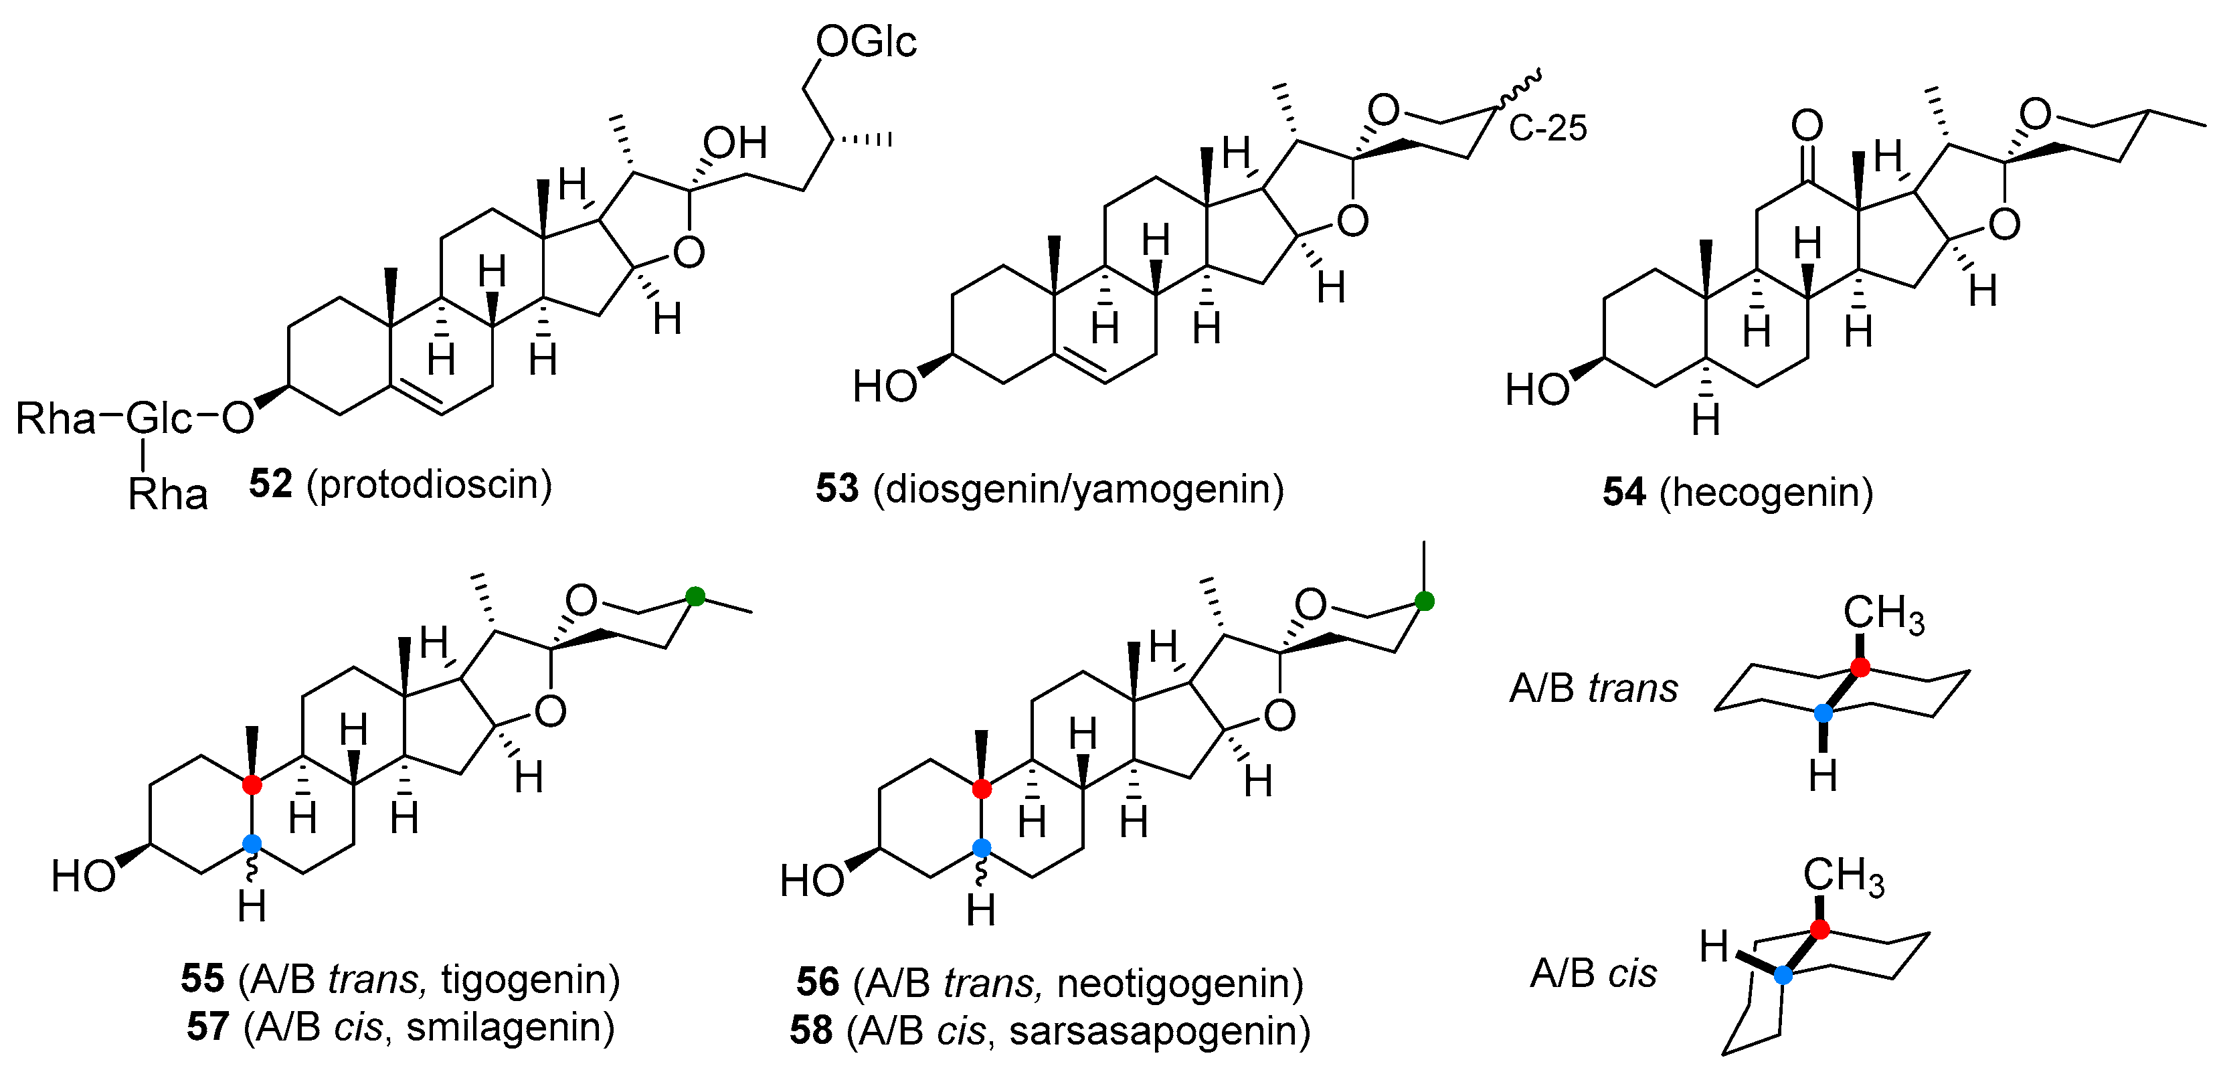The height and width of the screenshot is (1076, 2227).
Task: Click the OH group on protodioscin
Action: pos(735,143)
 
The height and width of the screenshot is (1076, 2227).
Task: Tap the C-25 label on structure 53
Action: pos(1548,128)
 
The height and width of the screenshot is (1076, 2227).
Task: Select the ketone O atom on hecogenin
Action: pos(1807,125)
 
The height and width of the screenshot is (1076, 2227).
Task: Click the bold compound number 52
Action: pos(270,484)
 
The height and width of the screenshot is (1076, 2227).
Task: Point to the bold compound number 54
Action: pos(1623,492)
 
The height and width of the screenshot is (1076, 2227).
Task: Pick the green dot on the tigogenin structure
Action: pos(695,596)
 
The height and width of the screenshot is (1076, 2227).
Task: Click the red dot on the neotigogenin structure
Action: pos(981,789)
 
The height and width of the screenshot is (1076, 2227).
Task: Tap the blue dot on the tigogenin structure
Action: pos(252,844)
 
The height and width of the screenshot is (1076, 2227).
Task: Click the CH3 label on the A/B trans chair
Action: pos(1883,614)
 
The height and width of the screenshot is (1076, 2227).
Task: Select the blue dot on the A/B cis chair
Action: pos(1783,975)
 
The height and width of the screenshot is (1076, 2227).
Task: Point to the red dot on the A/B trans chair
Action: pos(1860,667)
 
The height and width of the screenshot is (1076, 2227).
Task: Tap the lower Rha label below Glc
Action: pos(168,495)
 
